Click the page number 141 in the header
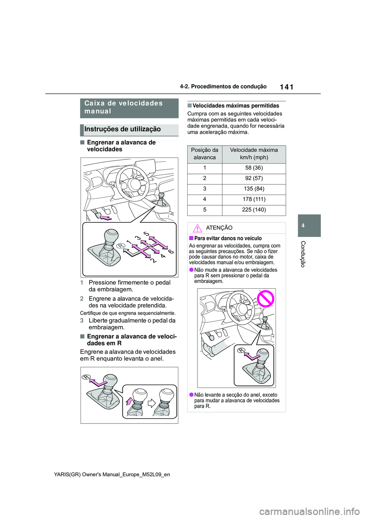[x=286, y=87]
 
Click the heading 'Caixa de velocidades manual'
[x=124, y=107]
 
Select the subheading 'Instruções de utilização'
[x=122, y=129]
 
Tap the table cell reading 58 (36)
[x=254, y=168]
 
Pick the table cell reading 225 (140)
[x=254, y=210]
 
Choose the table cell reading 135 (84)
[x=254, y=189]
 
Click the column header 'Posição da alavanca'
[x=205, y=154]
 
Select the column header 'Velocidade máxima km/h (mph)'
[x=254, y=154]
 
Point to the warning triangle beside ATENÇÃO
[x=197, y=228]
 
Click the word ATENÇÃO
[x=219, y=228]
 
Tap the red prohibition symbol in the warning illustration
[x=265, y=299]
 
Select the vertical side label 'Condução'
[x=303, y=254]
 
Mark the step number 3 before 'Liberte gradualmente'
[x=82, y=321]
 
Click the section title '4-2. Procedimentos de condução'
[x=223, y=87]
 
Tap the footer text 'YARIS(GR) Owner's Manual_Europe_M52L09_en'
[x=112, y=475]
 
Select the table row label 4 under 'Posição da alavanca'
[x=205, y=199]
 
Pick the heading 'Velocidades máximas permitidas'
[x=236, y=106]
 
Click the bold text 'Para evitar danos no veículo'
[x=228, y=238]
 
